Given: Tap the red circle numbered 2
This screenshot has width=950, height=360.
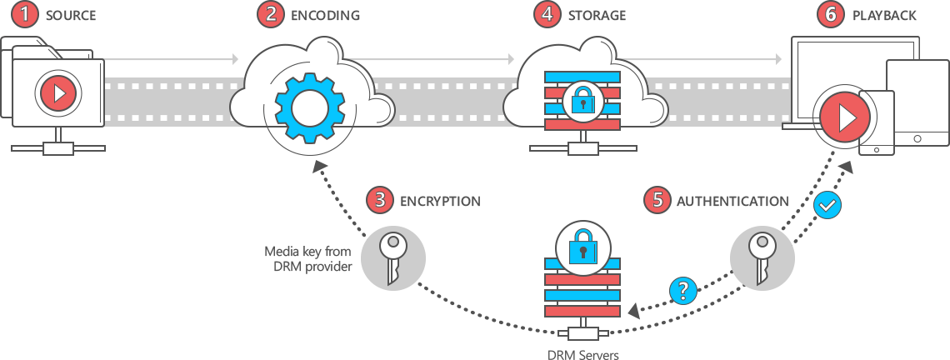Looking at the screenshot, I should click(270, 14).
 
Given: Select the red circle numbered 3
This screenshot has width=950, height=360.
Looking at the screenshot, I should click(380, 200).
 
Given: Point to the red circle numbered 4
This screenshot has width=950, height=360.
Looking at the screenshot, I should click(547, 14).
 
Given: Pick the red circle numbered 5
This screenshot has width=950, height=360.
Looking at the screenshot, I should click(657, 200).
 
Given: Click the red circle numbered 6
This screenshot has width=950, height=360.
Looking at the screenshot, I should click(830, 14).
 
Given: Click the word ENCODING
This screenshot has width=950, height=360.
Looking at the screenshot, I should click(325, 15).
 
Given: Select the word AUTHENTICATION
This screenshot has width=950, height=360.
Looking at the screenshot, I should click(732, 201).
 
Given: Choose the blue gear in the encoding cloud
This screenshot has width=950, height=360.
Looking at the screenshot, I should click(309, 107).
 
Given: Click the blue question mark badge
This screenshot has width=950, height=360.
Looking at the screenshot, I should click(683, 290).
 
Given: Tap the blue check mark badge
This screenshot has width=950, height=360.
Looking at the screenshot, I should click(827, 204).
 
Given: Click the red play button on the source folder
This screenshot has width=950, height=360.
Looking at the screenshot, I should click(58, 92).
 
